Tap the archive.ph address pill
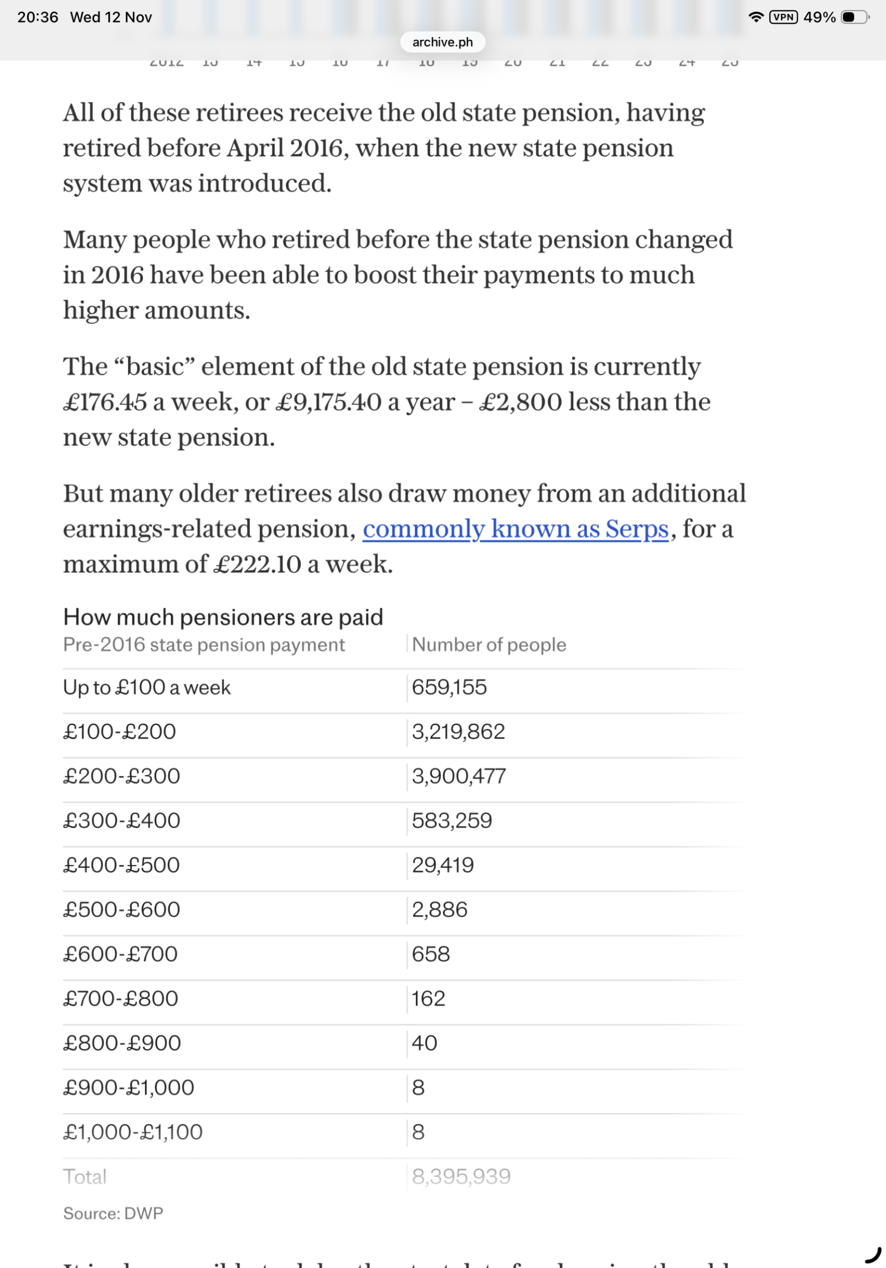[x=442, y=42]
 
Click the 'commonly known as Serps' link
[x=516, y=529]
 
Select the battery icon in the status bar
[x=854, y=17]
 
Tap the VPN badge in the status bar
[x=783, y=17]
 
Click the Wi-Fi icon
[x=755, y=17]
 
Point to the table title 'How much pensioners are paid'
[x=223, y=617]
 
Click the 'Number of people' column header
[x=489, y=645]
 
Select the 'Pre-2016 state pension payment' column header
[x=204, y=645]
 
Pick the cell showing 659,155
[x=449, y=687]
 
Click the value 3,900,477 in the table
[x=459, y=776]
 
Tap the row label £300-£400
[x=122, y=821]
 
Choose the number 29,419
[x=443, y=865]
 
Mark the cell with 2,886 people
[x=440, y=910]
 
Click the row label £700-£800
[x=121, y=998]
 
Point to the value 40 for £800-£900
[x=425, y=1043]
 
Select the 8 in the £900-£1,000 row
[x=419, y=1087]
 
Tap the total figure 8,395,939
[x=461, y=1177]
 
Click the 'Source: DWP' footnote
[x=113, y=1213]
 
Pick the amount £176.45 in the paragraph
[x=105, y=402]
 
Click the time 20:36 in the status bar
[x=38, y=17]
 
